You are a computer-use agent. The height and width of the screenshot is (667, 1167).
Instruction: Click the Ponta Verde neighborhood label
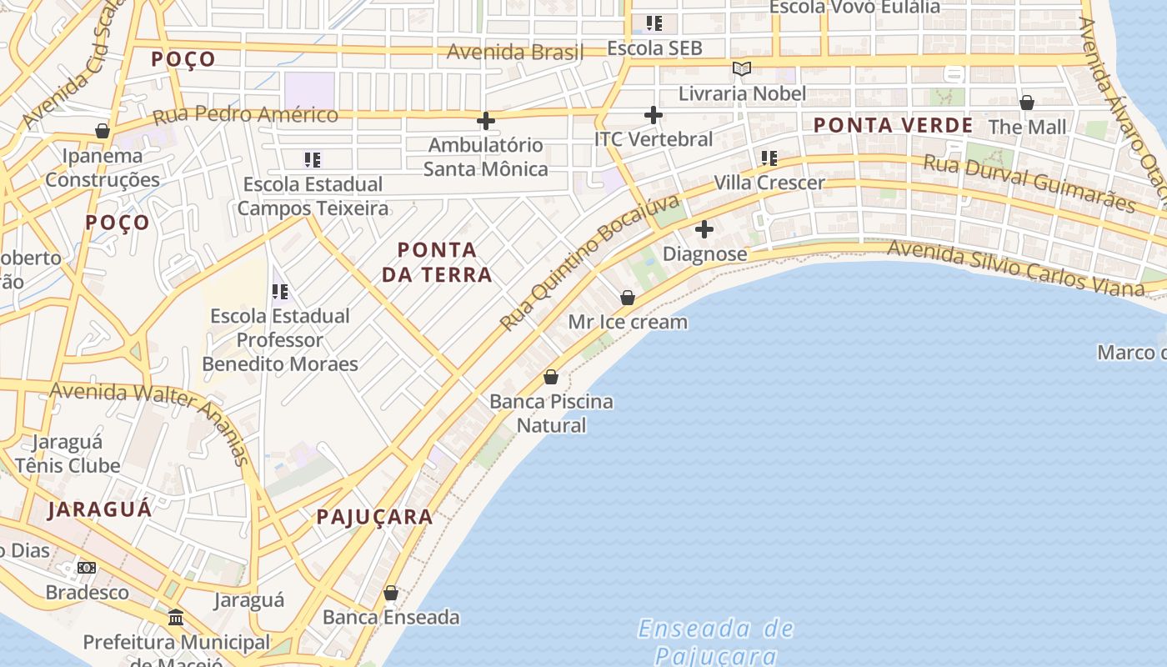893,126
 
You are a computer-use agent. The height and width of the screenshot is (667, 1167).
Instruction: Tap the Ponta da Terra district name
437,262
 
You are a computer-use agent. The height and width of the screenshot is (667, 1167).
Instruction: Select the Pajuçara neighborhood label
375,517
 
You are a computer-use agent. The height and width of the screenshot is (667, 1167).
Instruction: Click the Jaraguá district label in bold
100,509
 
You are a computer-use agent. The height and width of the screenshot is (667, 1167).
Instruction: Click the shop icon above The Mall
1027,103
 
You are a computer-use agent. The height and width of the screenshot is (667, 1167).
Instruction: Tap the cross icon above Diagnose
704,229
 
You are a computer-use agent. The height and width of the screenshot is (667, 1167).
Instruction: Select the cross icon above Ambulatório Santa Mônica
486,122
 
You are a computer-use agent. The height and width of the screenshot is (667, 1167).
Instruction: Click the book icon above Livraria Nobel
742,68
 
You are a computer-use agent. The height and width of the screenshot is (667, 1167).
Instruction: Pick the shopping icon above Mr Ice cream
628,298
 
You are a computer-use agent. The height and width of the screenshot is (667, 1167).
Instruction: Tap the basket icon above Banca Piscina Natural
551,378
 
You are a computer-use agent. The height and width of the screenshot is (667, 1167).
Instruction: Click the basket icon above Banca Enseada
390,594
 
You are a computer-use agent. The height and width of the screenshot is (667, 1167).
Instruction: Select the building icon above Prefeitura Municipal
176,619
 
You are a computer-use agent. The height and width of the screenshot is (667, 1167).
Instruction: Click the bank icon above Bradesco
87,569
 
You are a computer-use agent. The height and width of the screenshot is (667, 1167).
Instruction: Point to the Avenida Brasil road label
515,52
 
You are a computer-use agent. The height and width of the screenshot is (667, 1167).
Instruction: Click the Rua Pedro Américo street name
245,114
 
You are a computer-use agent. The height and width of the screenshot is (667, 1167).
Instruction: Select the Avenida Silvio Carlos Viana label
1015,267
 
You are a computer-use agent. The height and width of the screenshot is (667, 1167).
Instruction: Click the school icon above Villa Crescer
769,158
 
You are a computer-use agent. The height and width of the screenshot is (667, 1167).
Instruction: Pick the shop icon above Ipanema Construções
103,132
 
